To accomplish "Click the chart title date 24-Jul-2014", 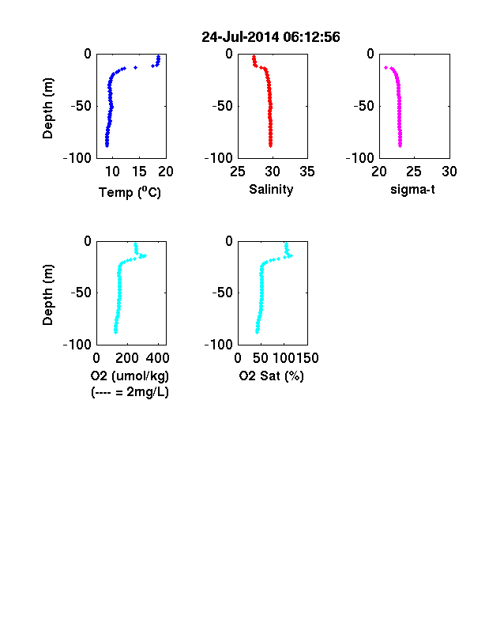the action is tap(240, 37).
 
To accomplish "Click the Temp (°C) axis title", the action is tap(130, 192).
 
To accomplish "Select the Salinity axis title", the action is tap(271, 190).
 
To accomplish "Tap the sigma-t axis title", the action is tap(412, 190).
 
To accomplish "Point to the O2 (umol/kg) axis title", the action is tap(130, 376).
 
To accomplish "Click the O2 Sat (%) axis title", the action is tap(272, 376).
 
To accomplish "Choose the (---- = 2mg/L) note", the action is tap(130, 392).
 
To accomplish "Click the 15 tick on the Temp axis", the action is tap(139, 172).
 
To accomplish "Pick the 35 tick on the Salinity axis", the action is tap(307, 172).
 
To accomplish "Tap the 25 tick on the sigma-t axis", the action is tap(414, 172).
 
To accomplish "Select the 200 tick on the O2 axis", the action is tap(127, 358).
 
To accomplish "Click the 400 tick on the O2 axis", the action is tap(158, 358).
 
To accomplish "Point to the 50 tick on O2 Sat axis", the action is tap(261, 358).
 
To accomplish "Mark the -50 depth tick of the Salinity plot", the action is tap(222, 106).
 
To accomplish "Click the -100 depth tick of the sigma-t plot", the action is tap(360, 158).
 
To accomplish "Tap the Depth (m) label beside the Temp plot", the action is tap(47, 108).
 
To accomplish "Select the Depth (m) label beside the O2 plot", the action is tap(47, 295).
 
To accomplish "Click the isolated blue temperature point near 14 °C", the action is tap(135, 67).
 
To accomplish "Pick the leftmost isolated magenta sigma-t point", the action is tap(386, 67).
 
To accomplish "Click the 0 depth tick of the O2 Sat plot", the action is tap(229, 241).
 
